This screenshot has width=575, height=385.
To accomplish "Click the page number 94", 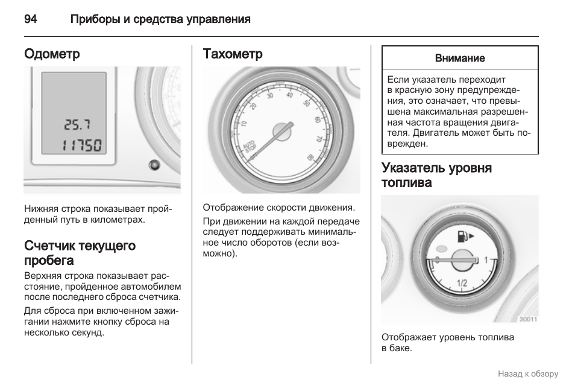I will tap(31, 19).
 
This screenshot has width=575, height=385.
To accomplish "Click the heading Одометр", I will tap(52, 54).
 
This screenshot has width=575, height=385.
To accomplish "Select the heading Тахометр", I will tap(233, 54).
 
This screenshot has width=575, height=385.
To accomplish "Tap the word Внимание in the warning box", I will tap(460, 58).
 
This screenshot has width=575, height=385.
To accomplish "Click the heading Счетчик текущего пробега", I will tap(80, 253).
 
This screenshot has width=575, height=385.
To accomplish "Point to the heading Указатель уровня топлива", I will tap(436, 175).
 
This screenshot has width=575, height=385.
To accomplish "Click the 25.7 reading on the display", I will tap(77, 125).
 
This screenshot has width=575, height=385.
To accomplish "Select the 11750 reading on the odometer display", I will tap(82, 145).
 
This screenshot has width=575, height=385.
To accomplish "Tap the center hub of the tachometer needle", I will tap(281, 131).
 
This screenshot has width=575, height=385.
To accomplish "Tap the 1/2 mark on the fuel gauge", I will tap(462, 282).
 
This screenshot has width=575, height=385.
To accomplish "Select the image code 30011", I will tap(527, 319).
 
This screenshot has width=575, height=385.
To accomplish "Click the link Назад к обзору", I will tap(528, 374).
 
